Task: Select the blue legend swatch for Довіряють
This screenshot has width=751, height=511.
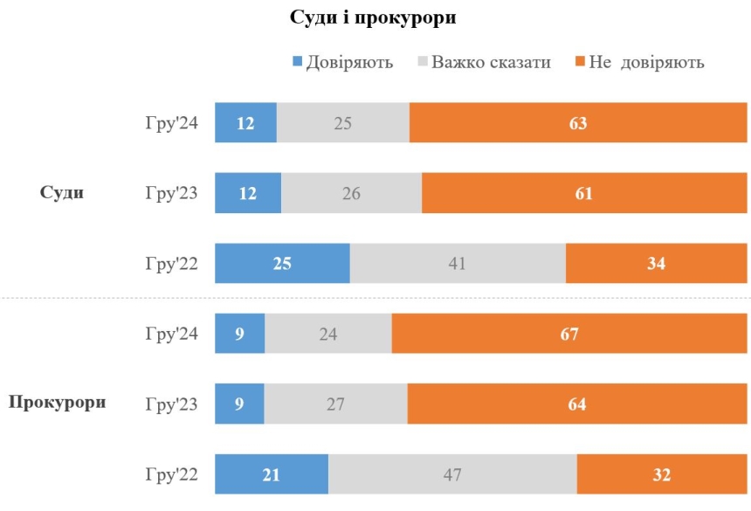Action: point(296,62)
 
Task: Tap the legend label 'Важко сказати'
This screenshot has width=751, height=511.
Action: point(491,63)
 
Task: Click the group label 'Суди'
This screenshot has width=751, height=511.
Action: point(62,193)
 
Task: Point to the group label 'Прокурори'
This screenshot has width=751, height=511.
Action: point(58,403)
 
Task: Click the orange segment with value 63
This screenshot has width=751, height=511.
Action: point(578,123)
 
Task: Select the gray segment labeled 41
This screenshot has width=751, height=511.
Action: point(458,264)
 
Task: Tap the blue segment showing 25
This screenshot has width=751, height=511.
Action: point(282,264)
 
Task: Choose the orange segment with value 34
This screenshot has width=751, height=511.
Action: point(656,264)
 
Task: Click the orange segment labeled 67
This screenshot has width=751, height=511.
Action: point(569,334)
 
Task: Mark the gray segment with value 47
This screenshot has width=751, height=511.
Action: point(452,474)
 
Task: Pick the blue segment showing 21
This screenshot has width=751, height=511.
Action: point(272,474)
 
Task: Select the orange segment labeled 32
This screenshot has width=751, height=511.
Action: point(662,474)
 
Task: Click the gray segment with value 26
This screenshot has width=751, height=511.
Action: point(351,193)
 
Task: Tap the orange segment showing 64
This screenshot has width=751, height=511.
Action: point(577,404)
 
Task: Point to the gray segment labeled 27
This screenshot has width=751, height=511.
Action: point(335,404)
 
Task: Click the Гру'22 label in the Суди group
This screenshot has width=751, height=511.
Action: point(172,264)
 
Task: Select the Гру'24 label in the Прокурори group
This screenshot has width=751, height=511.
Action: point(172,334)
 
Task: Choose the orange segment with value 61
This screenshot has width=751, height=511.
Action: point(584,193)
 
